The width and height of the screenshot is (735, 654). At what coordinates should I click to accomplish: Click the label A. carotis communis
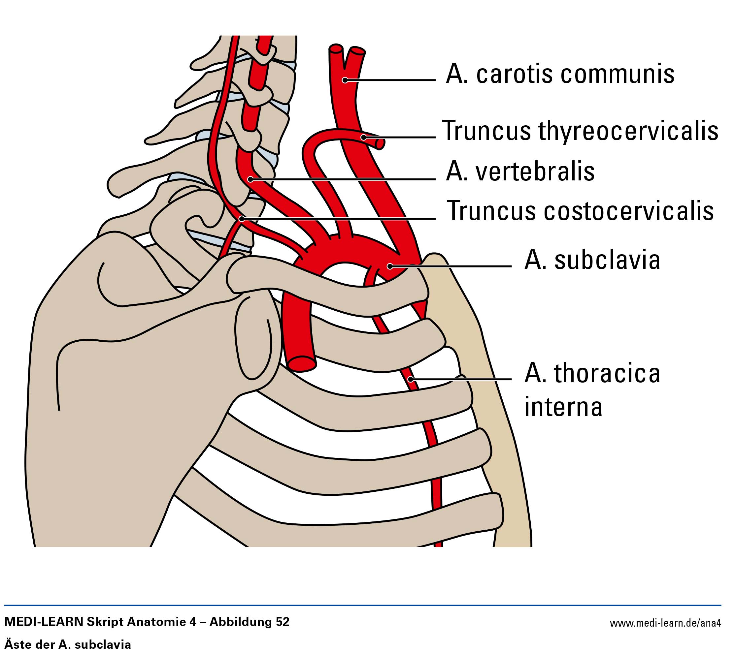(559, 75)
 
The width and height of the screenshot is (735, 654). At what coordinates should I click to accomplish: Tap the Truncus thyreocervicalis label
(580, 131)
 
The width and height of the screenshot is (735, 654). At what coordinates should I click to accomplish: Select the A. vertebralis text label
(520, 171)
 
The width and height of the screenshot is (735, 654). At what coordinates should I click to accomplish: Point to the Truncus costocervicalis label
(580, 211)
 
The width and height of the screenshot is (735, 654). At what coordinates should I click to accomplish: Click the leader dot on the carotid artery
(345, 80)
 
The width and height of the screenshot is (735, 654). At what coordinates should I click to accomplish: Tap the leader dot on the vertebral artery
(251, 179)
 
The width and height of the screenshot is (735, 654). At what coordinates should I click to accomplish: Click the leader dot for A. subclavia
(390, 266)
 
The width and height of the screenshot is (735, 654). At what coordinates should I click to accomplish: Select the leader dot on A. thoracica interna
(411, 379)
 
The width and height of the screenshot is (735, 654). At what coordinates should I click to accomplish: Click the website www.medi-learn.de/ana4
(665, 622)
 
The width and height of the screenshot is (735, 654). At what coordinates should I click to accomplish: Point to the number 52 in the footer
(282, 622)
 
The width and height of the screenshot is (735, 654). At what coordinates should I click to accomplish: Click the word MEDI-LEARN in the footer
(44, 622)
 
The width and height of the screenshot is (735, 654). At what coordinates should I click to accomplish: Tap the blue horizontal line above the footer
(360, 606)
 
